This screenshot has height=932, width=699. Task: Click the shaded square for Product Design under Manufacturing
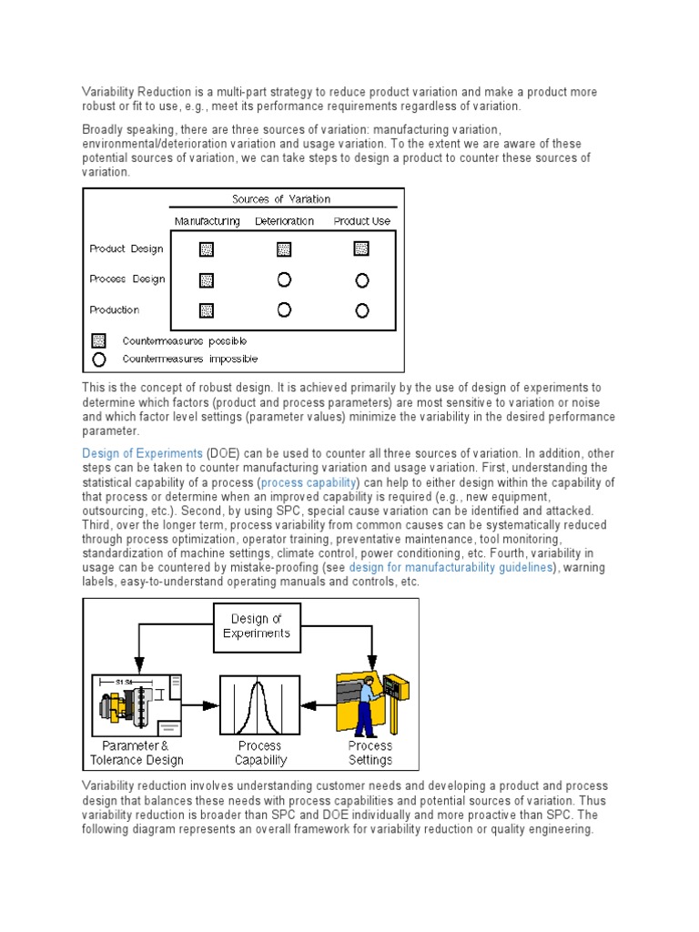click(207, 248)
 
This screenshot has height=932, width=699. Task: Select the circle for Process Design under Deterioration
click(284, 279)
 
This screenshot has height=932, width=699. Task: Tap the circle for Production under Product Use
click(361, 310)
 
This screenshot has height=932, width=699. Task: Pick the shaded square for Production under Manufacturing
click(207, 310)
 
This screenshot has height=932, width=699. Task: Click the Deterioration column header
click(284, 221)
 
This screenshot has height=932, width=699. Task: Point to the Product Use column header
click(361, 221)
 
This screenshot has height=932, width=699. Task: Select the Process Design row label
click(127, 279)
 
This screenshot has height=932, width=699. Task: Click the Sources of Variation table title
click(281, 199)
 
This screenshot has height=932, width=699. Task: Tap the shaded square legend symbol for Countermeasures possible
click(99, 341)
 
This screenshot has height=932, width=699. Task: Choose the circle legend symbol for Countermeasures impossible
click(99, 359)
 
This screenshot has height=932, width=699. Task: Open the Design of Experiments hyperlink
click(142, 453)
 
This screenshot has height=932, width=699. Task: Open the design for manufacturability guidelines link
click(451, 568)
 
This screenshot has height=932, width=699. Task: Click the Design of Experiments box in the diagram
click(256, 626)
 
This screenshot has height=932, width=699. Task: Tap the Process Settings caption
click(370, 753)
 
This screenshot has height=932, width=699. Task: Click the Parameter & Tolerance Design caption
click(137, 753)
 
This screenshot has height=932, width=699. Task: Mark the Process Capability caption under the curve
click(260, 753)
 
